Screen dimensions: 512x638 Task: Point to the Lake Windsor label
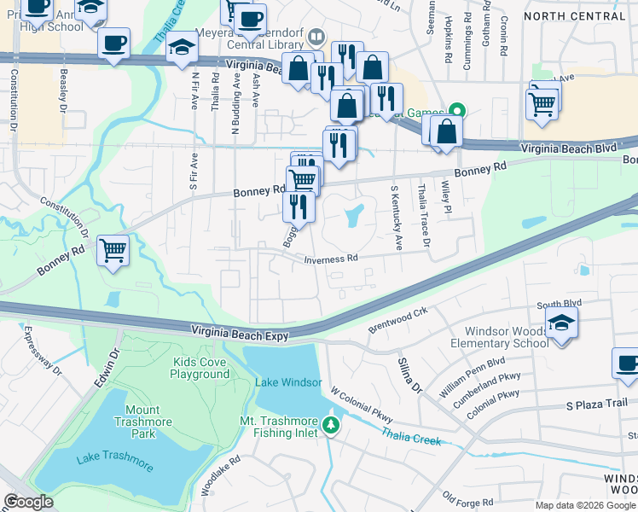[288, 382]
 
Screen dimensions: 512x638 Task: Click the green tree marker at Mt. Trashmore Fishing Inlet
[332, 423]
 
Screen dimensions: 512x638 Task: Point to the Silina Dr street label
[409, 374]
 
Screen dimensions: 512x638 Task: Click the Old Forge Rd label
[466, 495]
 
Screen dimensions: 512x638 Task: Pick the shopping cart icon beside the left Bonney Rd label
[113, 250]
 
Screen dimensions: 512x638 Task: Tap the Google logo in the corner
[28, 502]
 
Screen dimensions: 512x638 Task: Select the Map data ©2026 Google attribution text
[584, 505]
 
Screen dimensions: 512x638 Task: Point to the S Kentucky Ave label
[396, 218]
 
